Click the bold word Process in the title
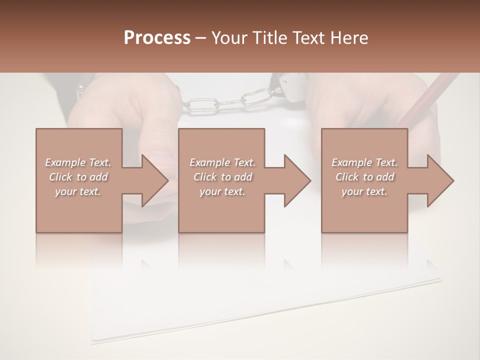click(157, 38)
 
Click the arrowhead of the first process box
click(153, 180)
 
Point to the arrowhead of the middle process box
click(296, 180)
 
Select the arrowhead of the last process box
click(439, 180)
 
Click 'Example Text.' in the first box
click(78, 162)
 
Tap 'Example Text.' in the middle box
click(222, 162)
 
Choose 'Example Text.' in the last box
click(364, 162)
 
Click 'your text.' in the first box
click(78, 191)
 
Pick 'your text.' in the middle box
click(222, 191)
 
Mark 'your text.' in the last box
click(364, 191)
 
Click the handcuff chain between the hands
click(227, 100)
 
